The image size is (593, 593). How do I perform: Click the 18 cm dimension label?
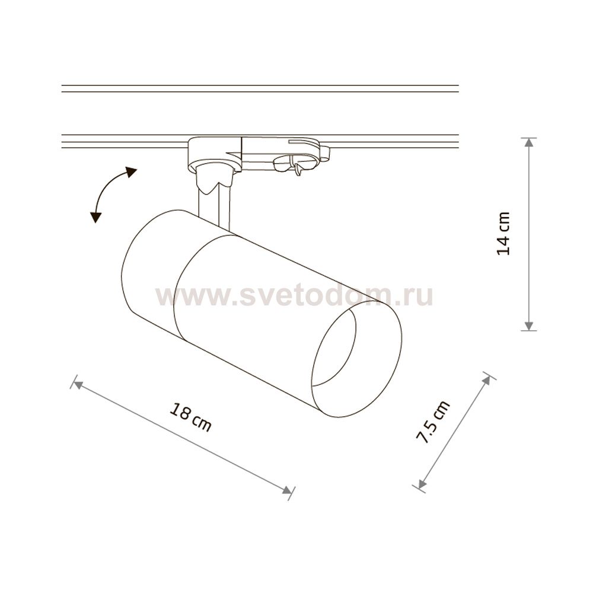tap(190, 417)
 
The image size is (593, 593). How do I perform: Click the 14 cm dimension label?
tap(503, 234)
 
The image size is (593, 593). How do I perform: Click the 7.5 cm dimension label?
tap(433, 421)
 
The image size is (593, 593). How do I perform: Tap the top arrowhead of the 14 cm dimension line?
tap(529, 142)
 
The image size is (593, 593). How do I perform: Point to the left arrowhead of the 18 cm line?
tap(78, 385)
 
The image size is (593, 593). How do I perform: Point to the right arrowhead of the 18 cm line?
tap(287, 490)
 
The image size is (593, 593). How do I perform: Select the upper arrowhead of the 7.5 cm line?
tap(486, 381)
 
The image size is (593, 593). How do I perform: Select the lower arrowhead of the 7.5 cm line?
tap(422, 483)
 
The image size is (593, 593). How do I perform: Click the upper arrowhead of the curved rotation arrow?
tap(131, 172)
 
